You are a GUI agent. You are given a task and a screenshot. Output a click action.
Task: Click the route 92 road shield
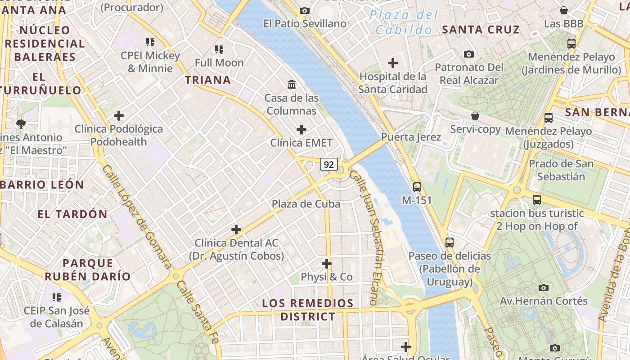click(329, 164)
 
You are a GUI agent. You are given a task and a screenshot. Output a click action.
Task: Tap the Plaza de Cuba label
click(306, 204)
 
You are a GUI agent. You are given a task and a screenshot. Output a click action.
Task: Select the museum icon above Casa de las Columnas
click(292, 84)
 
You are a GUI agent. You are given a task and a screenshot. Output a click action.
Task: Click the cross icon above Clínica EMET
click(301, 130)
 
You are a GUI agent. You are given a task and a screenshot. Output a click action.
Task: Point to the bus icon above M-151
click(417, 187)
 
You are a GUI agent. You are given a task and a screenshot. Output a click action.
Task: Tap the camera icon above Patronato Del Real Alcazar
click(469, 54)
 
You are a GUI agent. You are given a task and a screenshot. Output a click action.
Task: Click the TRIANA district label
click(208, 80)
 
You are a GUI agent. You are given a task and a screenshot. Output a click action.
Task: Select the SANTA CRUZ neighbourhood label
click(481, 30)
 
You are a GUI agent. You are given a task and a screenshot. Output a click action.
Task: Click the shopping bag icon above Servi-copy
click(475, 116)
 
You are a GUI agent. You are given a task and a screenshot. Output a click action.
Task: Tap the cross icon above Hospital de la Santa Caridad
click(393, 63)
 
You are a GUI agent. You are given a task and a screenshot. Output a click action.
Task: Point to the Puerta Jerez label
click(411, 137)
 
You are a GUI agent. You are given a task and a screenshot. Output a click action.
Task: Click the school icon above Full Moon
click(219, 49)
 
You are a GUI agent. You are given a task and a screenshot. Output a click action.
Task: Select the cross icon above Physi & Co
click(327, 264)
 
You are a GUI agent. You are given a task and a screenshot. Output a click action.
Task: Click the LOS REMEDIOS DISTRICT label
click(308, 310)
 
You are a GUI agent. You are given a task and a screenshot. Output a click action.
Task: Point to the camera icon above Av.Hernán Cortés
click(544, 288)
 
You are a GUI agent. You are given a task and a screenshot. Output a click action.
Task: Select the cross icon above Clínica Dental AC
click(236, 229)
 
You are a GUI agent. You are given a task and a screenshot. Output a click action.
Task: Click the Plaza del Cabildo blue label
click(404, 22)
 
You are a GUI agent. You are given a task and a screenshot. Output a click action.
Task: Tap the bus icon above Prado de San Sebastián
click(549, 118)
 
